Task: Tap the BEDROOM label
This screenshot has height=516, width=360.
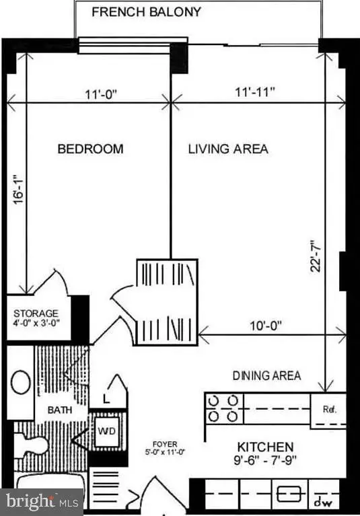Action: [90, 149]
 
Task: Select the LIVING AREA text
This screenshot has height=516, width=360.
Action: [227, 149]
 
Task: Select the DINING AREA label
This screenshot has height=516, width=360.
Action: [266, 375]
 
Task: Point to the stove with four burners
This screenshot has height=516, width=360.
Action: [223, 408]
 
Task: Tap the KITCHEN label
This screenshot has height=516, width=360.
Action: [265, 446]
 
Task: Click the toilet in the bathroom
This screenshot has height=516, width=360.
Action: [35, 445]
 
